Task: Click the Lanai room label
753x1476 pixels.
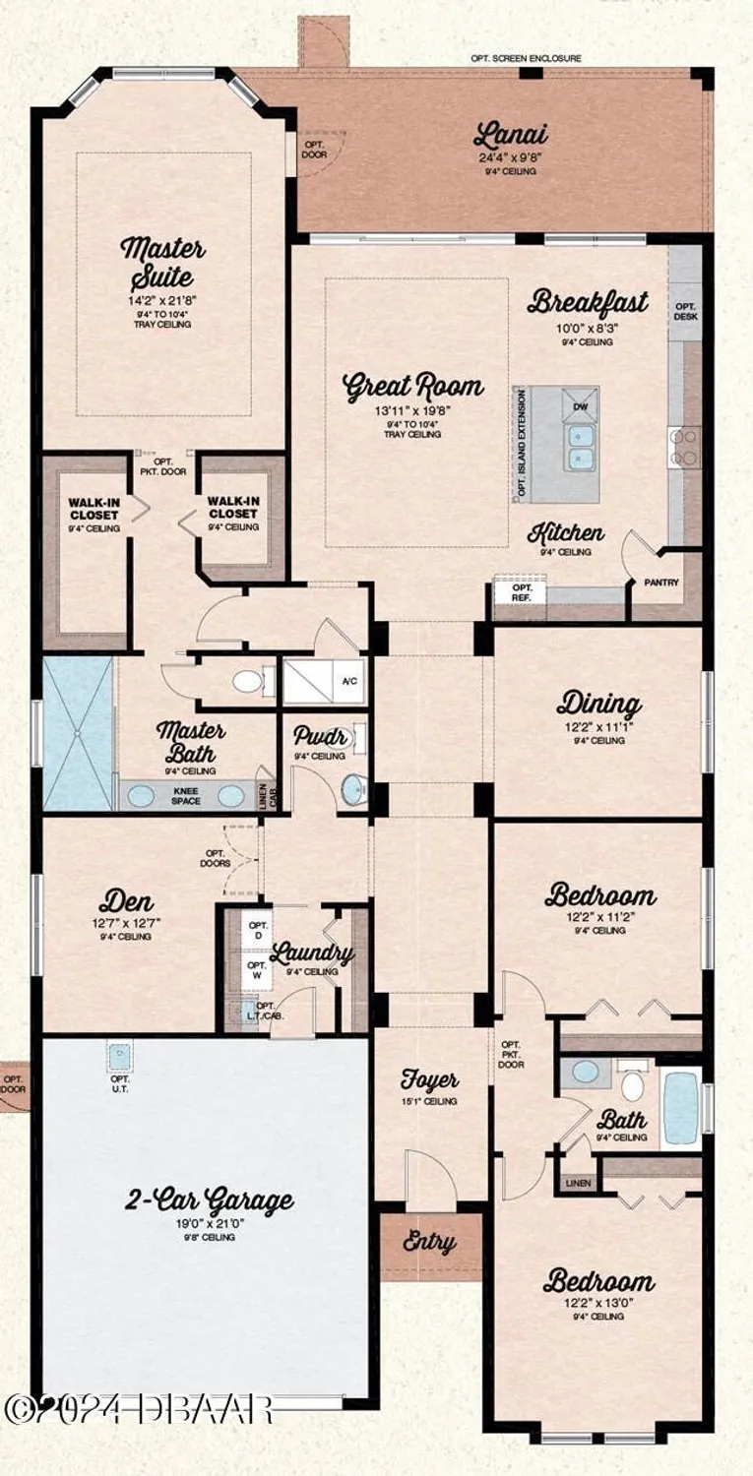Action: pos(510,134)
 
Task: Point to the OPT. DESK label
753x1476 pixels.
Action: pos(685,312)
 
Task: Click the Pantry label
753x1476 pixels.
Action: pos(661,583)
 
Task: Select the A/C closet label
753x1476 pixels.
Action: pos(349,681)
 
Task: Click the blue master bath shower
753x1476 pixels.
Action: pos(78,732)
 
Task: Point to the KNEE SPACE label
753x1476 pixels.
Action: pos(186,795)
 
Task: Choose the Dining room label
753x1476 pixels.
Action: pos(599,705)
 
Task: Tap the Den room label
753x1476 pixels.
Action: pos(126,902)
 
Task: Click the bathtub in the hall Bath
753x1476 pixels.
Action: pos(680,1108)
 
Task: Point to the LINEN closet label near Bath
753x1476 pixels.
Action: pos(578,1182)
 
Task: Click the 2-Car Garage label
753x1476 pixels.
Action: pos(209,1200)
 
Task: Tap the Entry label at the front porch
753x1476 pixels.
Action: pos(429,1242)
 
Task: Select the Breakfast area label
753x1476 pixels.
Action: pos(588,301)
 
